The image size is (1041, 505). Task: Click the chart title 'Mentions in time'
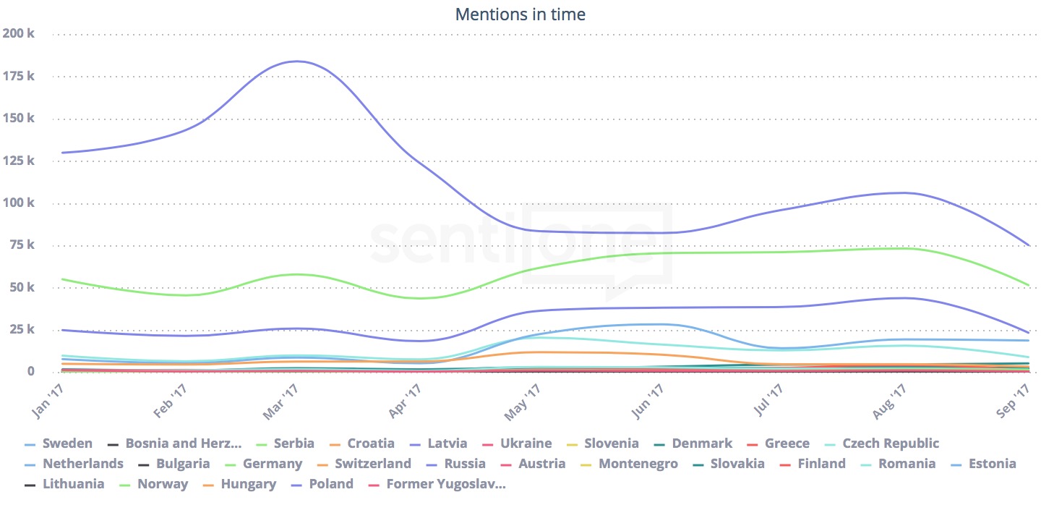coord(520,14)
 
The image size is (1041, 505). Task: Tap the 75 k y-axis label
coord(21,245)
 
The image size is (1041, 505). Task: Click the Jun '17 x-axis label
coord(648,401)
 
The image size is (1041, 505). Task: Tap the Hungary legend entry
coord(244,484)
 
